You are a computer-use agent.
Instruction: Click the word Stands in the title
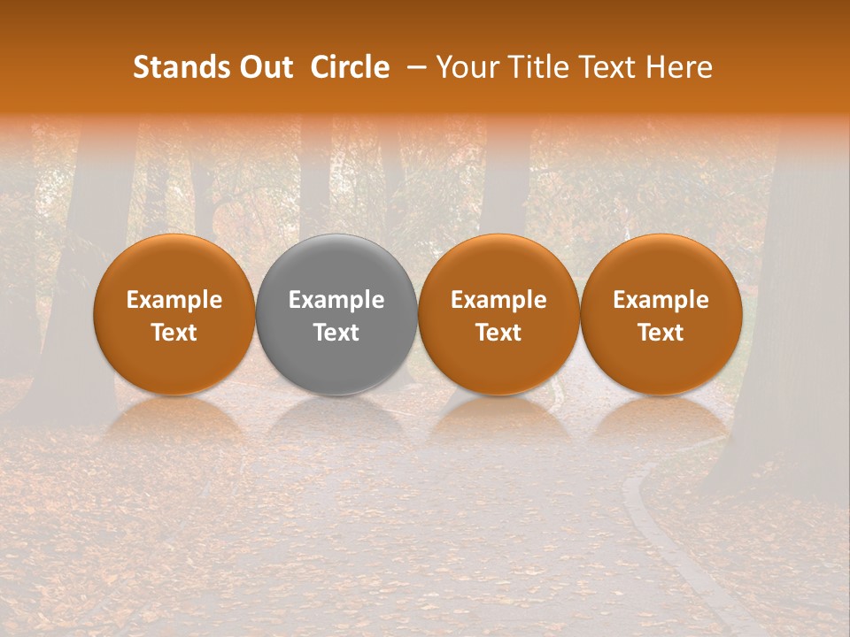173,67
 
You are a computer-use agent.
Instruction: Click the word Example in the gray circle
336,300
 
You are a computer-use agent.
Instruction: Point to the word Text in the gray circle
336,333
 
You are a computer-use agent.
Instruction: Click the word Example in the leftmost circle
174,300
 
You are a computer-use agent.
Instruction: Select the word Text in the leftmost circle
174,333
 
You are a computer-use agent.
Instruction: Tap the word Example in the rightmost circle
661,300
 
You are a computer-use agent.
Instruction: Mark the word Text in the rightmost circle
661,333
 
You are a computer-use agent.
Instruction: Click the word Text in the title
603,67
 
